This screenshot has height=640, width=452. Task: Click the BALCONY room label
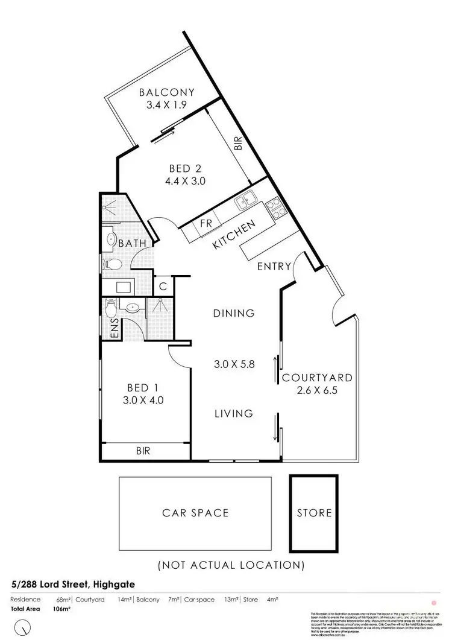[167, 92]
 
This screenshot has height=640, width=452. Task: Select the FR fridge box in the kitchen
[206, 224]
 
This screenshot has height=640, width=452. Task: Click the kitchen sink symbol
[246, 201]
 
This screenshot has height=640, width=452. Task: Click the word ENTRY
[274, 266]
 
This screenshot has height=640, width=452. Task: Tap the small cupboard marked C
[164, 285]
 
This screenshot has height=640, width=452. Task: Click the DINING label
[234, 313]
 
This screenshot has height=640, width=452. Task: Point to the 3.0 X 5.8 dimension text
[234, 364]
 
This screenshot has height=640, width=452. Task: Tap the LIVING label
[234, 413]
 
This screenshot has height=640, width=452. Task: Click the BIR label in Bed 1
[143, 451]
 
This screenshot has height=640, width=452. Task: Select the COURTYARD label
[317, 378]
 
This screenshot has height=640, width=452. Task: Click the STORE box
[315, 513]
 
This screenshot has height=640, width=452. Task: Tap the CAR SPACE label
[195, 513]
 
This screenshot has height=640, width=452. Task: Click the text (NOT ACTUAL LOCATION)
[230, 565]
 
